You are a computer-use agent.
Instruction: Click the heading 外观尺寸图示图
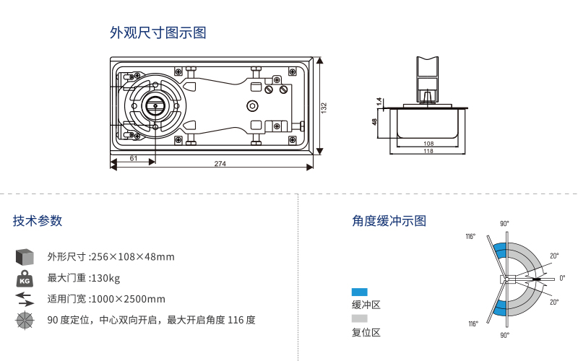pos(158,33)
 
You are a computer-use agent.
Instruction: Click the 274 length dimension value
pos(220,164)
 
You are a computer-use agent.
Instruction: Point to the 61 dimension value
pos(134,157)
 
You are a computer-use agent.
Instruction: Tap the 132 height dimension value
pos(324,107)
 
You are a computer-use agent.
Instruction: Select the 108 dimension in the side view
pos(428,143)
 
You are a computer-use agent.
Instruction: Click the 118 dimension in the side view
pos(428,151)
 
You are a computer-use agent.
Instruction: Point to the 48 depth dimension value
pos(375,121)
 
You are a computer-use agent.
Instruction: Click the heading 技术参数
pos(38,221)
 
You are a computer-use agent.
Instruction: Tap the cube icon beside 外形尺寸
pos(25,257)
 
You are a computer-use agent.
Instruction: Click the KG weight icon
pos(25,279)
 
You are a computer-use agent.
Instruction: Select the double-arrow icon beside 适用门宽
pos(25,299)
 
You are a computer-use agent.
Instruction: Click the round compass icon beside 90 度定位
pos(25,321)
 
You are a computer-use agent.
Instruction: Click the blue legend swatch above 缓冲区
pos(360,292)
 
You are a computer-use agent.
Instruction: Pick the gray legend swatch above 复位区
pos(360,318)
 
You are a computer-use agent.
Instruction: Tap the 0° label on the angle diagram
pos(562,278)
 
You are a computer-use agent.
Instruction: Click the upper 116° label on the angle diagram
pos(470,236)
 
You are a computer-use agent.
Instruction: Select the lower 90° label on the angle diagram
pos(504,335)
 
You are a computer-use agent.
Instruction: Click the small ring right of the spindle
pos(252,106)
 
